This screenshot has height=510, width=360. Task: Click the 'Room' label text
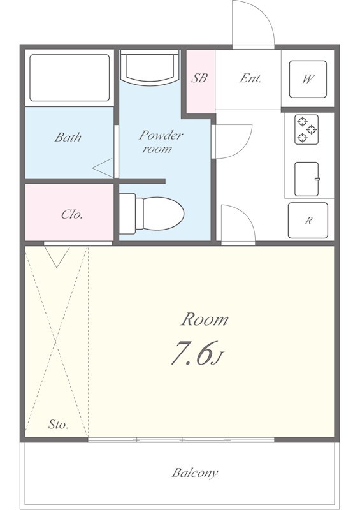pyautogui.click(x=205, y=319)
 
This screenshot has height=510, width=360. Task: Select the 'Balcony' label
pyautogui.click(x=194, y=473)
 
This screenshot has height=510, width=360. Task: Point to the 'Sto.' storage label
pyautogui.click(x=59, y=425)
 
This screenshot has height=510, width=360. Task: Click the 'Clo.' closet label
pyautogui.click(x=71, y=214)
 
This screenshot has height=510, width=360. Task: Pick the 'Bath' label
pyautogui.click(x=68, y=136)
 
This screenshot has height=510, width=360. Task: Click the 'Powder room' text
pyautogui.click(x=161, y=142)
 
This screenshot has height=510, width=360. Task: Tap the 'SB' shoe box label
pyautogui.click(x=199, y=79)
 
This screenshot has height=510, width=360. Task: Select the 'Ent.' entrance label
pyautogui.click(x=251, y=79)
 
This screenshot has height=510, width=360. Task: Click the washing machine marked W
pyautogui.click(x=308, y=79)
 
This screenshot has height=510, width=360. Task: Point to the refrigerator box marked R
pyautogui.click(x=308, y=221)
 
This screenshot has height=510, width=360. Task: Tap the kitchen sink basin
pyautogui.click(x=306, y=179)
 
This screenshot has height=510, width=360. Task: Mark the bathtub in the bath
pyautogui.click(x=69, y=78)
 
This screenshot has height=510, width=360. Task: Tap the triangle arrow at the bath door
pyautogui.click(x=102, y=168)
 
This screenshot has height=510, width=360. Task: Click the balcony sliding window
pyautogui.click(x=182, y=439)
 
